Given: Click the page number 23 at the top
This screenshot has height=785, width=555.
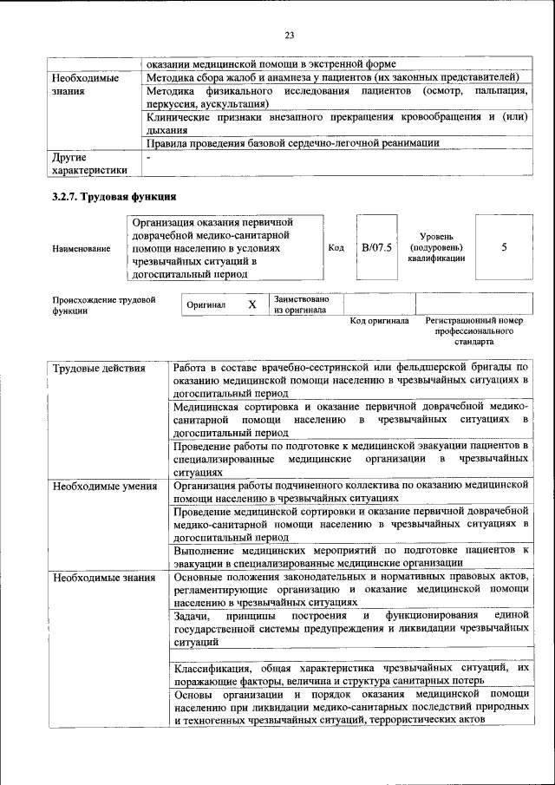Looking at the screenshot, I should pos(289,36).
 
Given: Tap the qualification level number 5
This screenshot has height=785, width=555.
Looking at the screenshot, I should pos(504,247).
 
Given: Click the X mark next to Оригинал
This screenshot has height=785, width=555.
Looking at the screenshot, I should pos(251,304).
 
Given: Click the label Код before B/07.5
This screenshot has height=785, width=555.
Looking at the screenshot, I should pos(336,247).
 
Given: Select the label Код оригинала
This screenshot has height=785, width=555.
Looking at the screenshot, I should pos(379,321).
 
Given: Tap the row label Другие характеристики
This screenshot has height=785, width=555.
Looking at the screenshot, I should pos(89,164).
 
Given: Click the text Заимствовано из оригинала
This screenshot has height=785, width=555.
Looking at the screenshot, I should pos(300,304).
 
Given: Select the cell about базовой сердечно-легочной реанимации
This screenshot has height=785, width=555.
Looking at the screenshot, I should pos(293,143).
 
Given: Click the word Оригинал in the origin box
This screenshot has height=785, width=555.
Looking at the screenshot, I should pos(206,305).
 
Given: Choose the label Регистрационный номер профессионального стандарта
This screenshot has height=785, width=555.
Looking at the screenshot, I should pos(474,331).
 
